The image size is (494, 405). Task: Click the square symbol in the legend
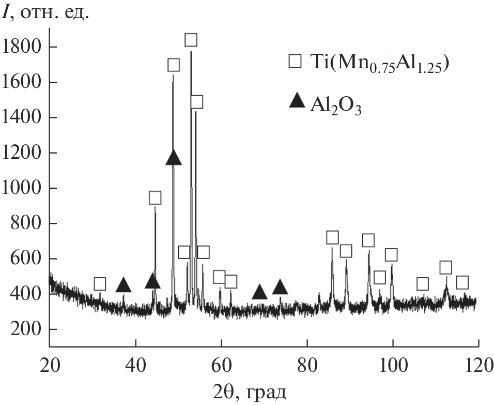295,62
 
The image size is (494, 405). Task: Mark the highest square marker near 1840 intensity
191,40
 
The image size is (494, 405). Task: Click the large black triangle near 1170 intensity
174,158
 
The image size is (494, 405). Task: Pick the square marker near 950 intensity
155,198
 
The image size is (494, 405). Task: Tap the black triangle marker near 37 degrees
123,284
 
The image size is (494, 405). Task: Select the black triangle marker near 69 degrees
259,293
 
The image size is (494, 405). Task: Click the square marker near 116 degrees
462,282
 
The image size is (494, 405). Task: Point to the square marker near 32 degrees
100,283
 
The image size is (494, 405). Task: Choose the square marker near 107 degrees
423,283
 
